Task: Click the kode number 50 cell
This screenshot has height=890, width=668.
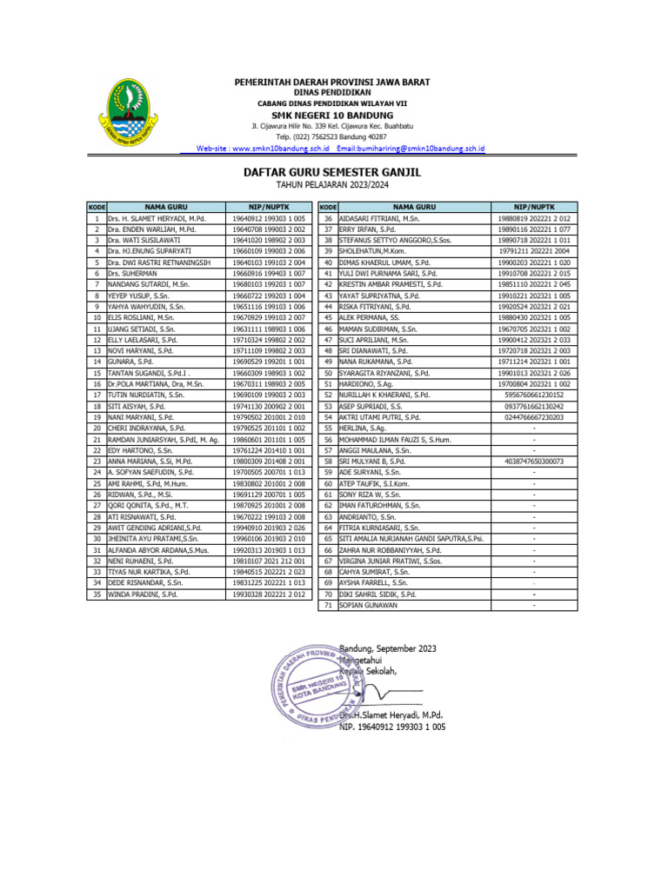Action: pos(328,372)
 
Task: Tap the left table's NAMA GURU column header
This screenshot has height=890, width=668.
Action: pos(165,207)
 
